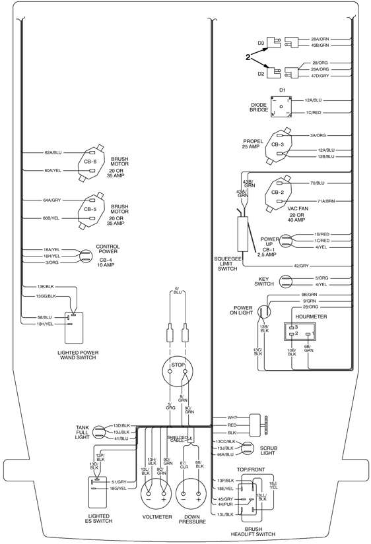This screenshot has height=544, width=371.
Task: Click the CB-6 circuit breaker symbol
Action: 90,162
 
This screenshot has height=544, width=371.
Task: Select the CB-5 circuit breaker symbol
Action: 90,210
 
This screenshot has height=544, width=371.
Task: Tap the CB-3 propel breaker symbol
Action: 279,144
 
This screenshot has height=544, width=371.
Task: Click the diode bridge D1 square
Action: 281,107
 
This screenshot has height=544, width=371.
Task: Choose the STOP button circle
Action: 178,371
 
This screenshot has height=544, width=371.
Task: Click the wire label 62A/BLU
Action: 53,153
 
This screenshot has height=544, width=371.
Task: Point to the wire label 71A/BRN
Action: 326,201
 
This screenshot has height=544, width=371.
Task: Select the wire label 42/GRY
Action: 301,266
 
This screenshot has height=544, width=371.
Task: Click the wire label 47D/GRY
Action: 320,76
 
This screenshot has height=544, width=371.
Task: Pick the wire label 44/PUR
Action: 225,504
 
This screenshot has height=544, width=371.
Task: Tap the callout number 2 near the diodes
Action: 248,57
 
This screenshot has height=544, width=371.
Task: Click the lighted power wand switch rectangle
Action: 74,328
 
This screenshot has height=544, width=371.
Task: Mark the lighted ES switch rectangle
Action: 97,493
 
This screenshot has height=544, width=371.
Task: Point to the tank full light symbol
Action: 99,433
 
